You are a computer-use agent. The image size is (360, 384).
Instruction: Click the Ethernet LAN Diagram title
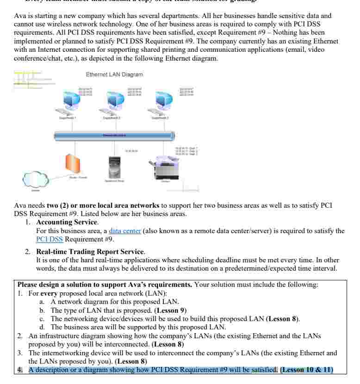coord(114,74)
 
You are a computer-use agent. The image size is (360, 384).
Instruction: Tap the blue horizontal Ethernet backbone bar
coord(114,136)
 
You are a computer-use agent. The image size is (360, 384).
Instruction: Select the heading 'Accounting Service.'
coord(61,222)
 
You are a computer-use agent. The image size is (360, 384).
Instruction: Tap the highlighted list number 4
coord(19,369)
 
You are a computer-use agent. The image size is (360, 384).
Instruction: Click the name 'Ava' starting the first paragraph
coord(20,16)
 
